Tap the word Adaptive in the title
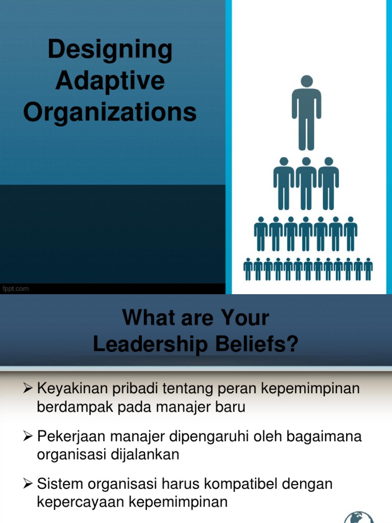coord(110,81)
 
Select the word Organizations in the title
coord(110,112)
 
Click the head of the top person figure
coord(306,81)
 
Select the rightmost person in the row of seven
coord(350,233)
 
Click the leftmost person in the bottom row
coord(248,269)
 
